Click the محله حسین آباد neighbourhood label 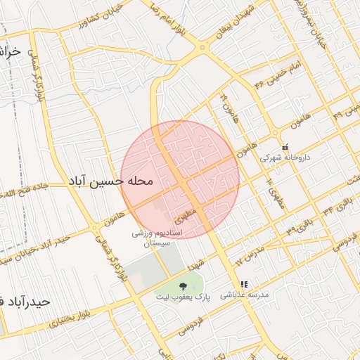(x=110, y=181)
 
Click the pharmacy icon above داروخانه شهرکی (x=285, y=148)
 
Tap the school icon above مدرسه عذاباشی (x=244, y=285)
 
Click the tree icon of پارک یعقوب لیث (x=183, y=285)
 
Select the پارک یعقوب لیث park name (x=184, y=297)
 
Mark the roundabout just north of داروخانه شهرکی (x=276, y=134)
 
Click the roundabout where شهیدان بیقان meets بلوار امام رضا (x=202, y=47)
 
